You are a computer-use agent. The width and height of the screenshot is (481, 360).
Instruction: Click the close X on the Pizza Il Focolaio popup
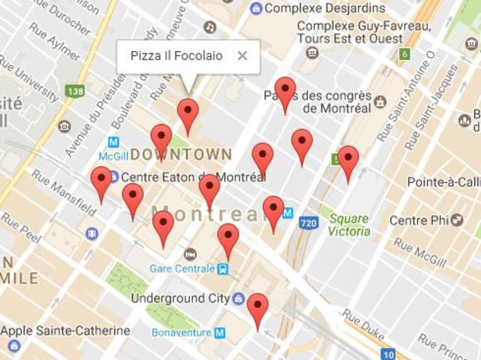242,56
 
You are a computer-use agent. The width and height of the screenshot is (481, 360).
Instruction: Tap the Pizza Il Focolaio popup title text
176,56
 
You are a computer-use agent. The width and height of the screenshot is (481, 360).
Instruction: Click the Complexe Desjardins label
319,8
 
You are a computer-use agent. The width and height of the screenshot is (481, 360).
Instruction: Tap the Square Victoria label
349,225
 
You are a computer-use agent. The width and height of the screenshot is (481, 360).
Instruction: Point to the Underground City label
180,298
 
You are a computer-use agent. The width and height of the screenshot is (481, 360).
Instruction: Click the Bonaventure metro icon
219,331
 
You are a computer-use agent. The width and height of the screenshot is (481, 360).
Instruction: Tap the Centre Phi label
419,220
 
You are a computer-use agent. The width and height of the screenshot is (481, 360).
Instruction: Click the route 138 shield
74,91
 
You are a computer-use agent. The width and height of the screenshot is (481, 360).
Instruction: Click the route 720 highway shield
308,223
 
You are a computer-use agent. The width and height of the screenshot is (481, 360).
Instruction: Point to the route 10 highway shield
388,354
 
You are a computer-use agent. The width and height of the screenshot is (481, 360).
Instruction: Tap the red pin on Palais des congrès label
284,91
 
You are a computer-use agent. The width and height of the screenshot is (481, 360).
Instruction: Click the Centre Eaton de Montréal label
193,178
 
